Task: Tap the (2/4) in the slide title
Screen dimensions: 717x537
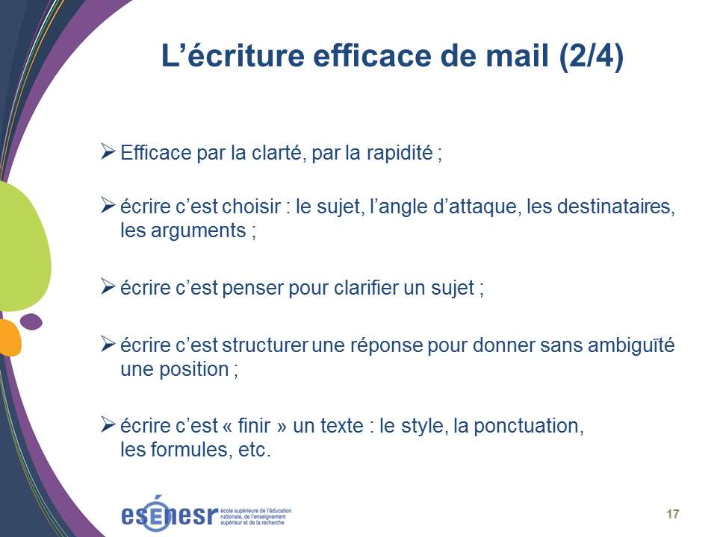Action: [592, 57]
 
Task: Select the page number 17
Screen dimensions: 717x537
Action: [673, 514]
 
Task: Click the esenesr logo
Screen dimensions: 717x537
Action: [206, 513]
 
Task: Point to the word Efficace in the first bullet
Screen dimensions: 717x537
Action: [156, 152]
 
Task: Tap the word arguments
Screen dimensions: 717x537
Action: [199, 231]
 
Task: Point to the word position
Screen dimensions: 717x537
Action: [194, 369]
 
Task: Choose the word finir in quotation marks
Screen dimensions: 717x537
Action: [254, 426]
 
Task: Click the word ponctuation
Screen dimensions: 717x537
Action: [529, 426]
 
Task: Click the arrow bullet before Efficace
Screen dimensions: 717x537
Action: [108, 151]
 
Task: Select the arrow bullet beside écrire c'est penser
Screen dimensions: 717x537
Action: [108, 286]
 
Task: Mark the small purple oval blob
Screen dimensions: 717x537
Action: [31, 321]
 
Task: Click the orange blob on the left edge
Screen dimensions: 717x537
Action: [9, 338]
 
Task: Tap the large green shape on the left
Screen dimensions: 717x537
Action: [23, 247]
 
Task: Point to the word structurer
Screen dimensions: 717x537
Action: [265, 345]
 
